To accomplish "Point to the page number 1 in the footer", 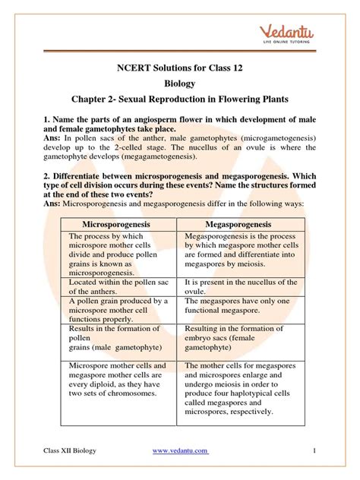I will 313,452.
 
